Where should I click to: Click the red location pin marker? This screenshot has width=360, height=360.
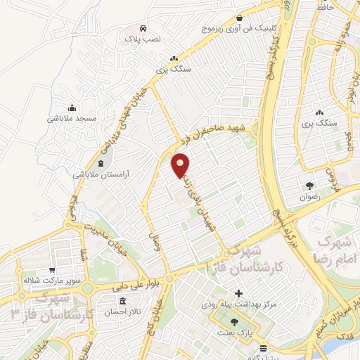click(181, 165)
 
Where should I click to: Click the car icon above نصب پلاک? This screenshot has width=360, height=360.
click(143, 29)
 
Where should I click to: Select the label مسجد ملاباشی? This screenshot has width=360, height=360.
click(72, 118)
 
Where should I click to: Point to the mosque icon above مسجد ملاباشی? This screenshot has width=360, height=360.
click(72, 108)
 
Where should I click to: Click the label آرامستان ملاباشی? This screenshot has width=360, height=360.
click(101, 174)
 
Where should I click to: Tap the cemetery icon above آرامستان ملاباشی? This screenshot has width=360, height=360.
click(101, 163)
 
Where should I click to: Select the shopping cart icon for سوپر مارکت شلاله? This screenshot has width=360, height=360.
click(53, 269)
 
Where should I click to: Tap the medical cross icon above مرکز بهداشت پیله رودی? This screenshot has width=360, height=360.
click(238, 292)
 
